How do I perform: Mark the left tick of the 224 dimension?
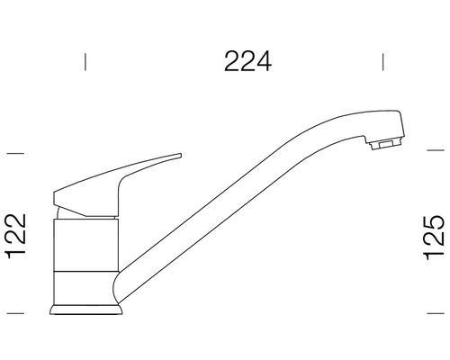85,61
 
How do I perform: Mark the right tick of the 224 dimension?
384,61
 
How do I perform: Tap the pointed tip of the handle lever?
176,156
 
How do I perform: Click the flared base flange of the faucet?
86,310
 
